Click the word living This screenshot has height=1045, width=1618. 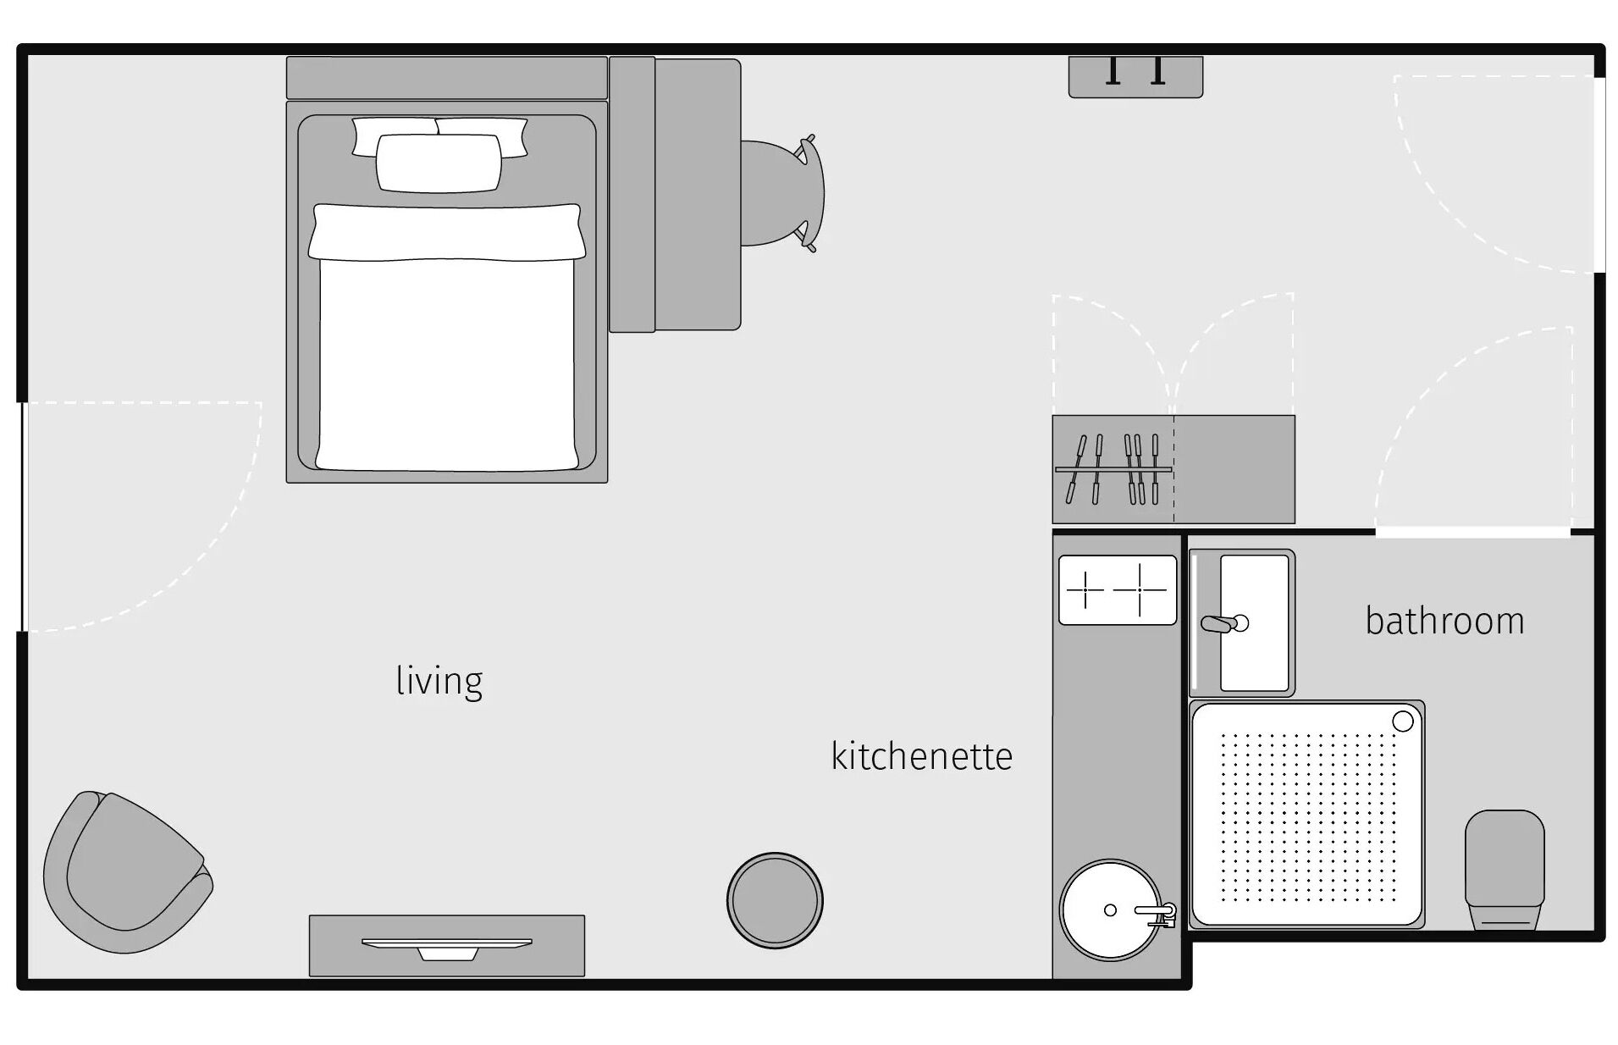tap(439, 681)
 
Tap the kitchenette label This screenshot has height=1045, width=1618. tap(921, 756)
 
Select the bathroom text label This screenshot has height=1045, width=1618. tap(1444, 621)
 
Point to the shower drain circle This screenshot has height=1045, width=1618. tap(1403, 721)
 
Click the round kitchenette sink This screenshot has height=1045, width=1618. tap(1111, 910)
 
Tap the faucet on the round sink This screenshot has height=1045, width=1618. tap(1157, 914)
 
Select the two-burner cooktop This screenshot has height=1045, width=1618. tap(1118, 589)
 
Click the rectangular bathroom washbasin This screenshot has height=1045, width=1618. tap(1242, 622)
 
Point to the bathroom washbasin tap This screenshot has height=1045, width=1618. tap(1224, 624)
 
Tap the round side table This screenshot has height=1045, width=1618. tap(775, 899)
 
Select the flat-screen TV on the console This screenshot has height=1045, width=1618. tap(447, 948)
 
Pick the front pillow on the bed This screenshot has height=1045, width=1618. tap(439, 163)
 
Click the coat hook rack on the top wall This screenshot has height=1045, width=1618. tap(1135, 76)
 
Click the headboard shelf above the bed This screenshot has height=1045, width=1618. tap(447, 78)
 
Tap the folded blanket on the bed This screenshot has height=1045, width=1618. tap(447, 231)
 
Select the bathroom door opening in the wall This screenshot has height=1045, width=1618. tap(1472, 532)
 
